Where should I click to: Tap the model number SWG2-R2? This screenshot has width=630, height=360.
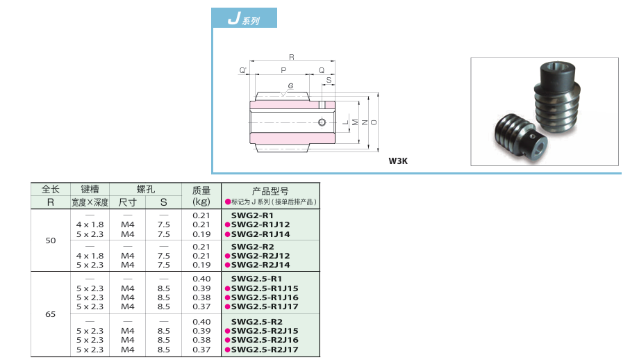252,247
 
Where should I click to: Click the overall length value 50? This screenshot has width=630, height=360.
50,240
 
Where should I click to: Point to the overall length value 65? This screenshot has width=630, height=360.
50,314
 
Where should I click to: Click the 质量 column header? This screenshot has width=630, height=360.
201,189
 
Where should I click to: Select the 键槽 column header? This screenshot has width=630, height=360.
90,189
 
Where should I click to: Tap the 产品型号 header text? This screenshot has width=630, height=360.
270,190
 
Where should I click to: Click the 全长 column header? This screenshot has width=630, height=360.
50,189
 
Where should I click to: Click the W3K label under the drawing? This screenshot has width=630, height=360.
398,161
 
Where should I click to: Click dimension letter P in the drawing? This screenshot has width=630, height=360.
283,70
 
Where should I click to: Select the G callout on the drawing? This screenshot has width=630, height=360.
290,85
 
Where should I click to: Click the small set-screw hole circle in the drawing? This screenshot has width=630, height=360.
322,123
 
